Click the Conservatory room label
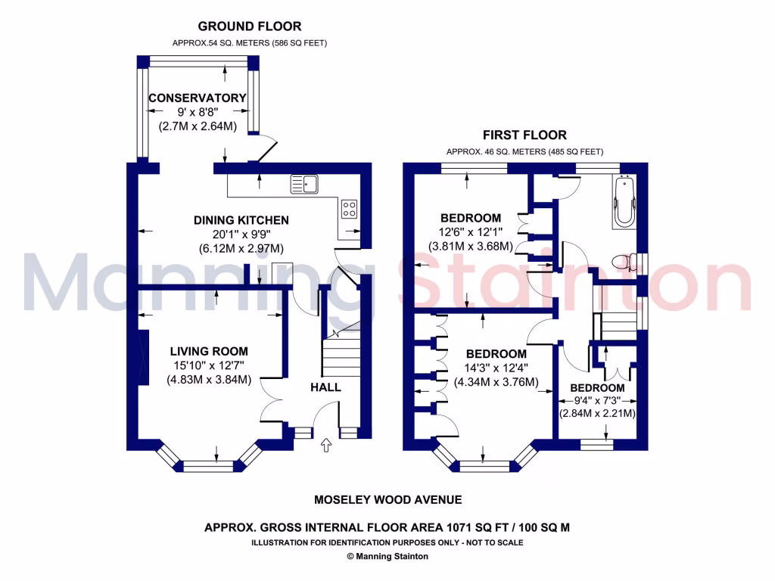[x=197, y=98]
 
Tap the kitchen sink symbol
[x=305, y=184]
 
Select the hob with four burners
[x=350, y=209]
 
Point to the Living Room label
[x=209, y=351]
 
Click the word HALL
[x=325, y=387]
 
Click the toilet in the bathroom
[x=622, y=263]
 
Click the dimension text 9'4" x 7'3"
[x=596, y=400]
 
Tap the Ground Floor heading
[x=249, y=26]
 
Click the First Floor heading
[x=524, y=135]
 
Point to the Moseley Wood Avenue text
[x=387, y=499]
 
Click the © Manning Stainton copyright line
[x=387, y=556]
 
